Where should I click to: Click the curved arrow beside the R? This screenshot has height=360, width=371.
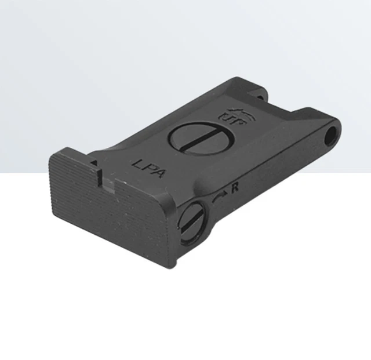click(x=221, y=196)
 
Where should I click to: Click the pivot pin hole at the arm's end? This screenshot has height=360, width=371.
click(x=330, y=136)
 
